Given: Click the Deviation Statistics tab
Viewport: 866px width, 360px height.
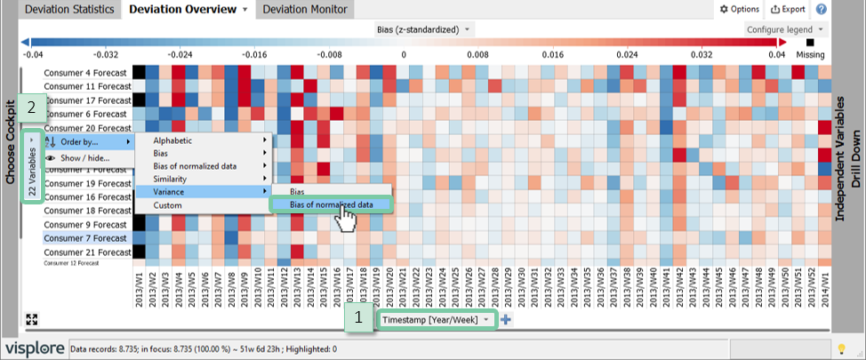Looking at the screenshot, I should [x=69, y=10].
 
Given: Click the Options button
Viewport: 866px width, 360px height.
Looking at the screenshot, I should [x=739, y=10].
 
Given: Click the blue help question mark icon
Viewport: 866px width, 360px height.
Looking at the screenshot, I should [x=822, y=10].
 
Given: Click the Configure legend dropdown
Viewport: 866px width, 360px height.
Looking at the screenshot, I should [x=785, y=29].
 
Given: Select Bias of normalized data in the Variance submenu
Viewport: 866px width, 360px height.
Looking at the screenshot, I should [x=330, y=205].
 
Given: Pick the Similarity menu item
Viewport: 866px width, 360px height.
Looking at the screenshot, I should [x=172, y=179].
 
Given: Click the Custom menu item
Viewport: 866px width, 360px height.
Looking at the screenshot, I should [x=167, y=204].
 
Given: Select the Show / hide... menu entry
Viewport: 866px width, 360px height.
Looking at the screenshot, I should [x=84, y=158].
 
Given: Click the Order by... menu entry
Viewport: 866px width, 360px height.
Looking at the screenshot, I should [x=79, y=141].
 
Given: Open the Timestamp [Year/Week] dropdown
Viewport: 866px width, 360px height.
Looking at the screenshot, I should [x=436, y=319].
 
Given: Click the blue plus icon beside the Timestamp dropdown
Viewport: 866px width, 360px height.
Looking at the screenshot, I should [x=506, y=320].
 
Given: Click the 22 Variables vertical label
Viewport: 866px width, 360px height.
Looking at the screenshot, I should [x=33, y=166].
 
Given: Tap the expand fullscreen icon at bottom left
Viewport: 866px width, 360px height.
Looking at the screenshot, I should [x=31, y=319].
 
